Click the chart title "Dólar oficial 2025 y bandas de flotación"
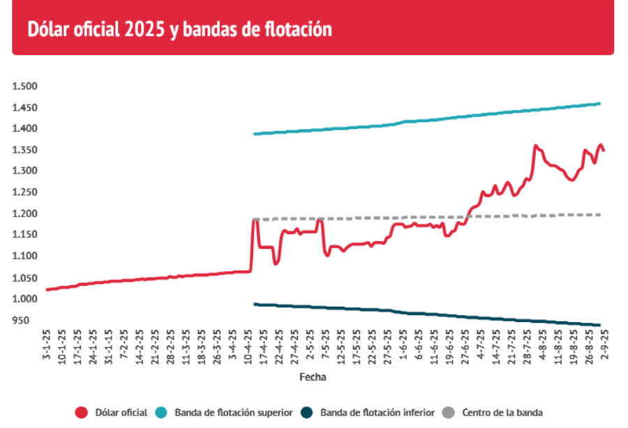point(179,29)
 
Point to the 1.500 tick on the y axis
point(24,86)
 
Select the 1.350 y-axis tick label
point(24,151)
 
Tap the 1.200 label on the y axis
point(24,214)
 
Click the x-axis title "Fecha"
point(313,377)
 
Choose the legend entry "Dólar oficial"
point(121,413)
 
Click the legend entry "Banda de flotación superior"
point(233,413)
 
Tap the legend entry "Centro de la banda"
point(502,413)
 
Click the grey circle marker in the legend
point(451,413)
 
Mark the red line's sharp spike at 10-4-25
point(255,220)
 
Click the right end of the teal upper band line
point(599,104)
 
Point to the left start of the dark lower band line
point(255,304)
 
